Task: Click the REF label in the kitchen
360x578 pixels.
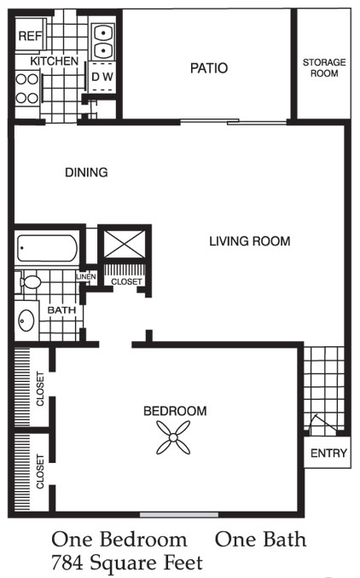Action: [30, 36]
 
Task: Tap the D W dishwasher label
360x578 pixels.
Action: [102, 77]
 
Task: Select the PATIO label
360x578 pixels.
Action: [209, 68]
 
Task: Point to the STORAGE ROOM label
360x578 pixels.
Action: [324, 67]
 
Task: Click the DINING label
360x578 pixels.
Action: [86, 172]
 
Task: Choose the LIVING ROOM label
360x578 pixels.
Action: [250, 241]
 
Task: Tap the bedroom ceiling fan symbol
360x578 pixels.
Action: [173, 437]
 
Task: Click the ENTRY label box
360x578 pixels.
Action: [328, 453]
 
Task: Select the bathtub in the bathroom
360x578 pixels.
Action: [47, 248]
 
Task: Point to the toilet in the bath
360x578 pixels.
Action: [29, 282]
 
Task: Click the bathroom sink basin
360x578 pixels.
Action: [26, 320]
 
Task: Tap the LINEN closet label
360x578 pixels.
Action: [86, 276]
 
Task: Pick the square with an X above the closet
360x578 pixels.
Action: [124, 244]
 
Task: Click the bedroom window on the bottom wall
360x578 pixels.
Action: [179, 515]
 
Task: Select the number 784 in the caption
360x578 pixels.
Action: [67, 563]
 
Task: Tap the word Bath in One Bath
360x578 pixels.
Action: [285, 540]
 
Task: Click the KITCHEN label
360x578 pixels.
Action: [55, 61]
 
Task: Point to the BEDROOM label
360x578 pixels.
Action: [175, 411]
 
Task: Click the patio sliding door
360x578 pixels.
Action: [233, 121]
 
